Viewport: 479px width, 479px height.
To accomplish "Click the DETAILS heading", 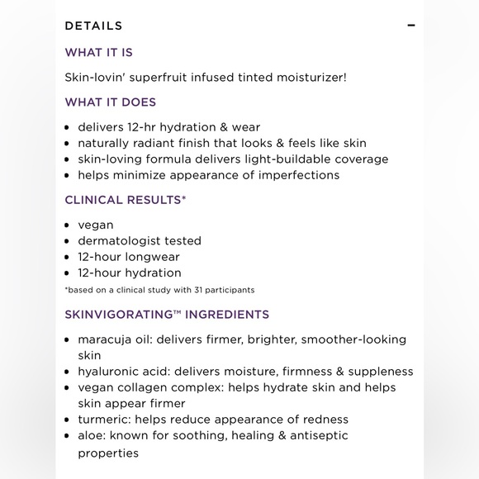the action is click(x=93, y=26).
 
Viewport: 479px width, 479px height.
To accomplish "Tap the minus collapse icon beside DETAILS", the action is click(x=411, y=26).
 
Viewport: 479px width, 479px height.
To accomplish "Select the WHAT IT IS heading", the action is click(x=98, y=52).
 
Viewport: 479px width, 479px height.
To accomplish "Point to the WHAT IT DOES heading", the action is click(x=110, y=102).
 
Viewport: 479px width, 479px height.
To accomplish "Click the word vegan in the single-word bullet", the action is click(x=96, y=225).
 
